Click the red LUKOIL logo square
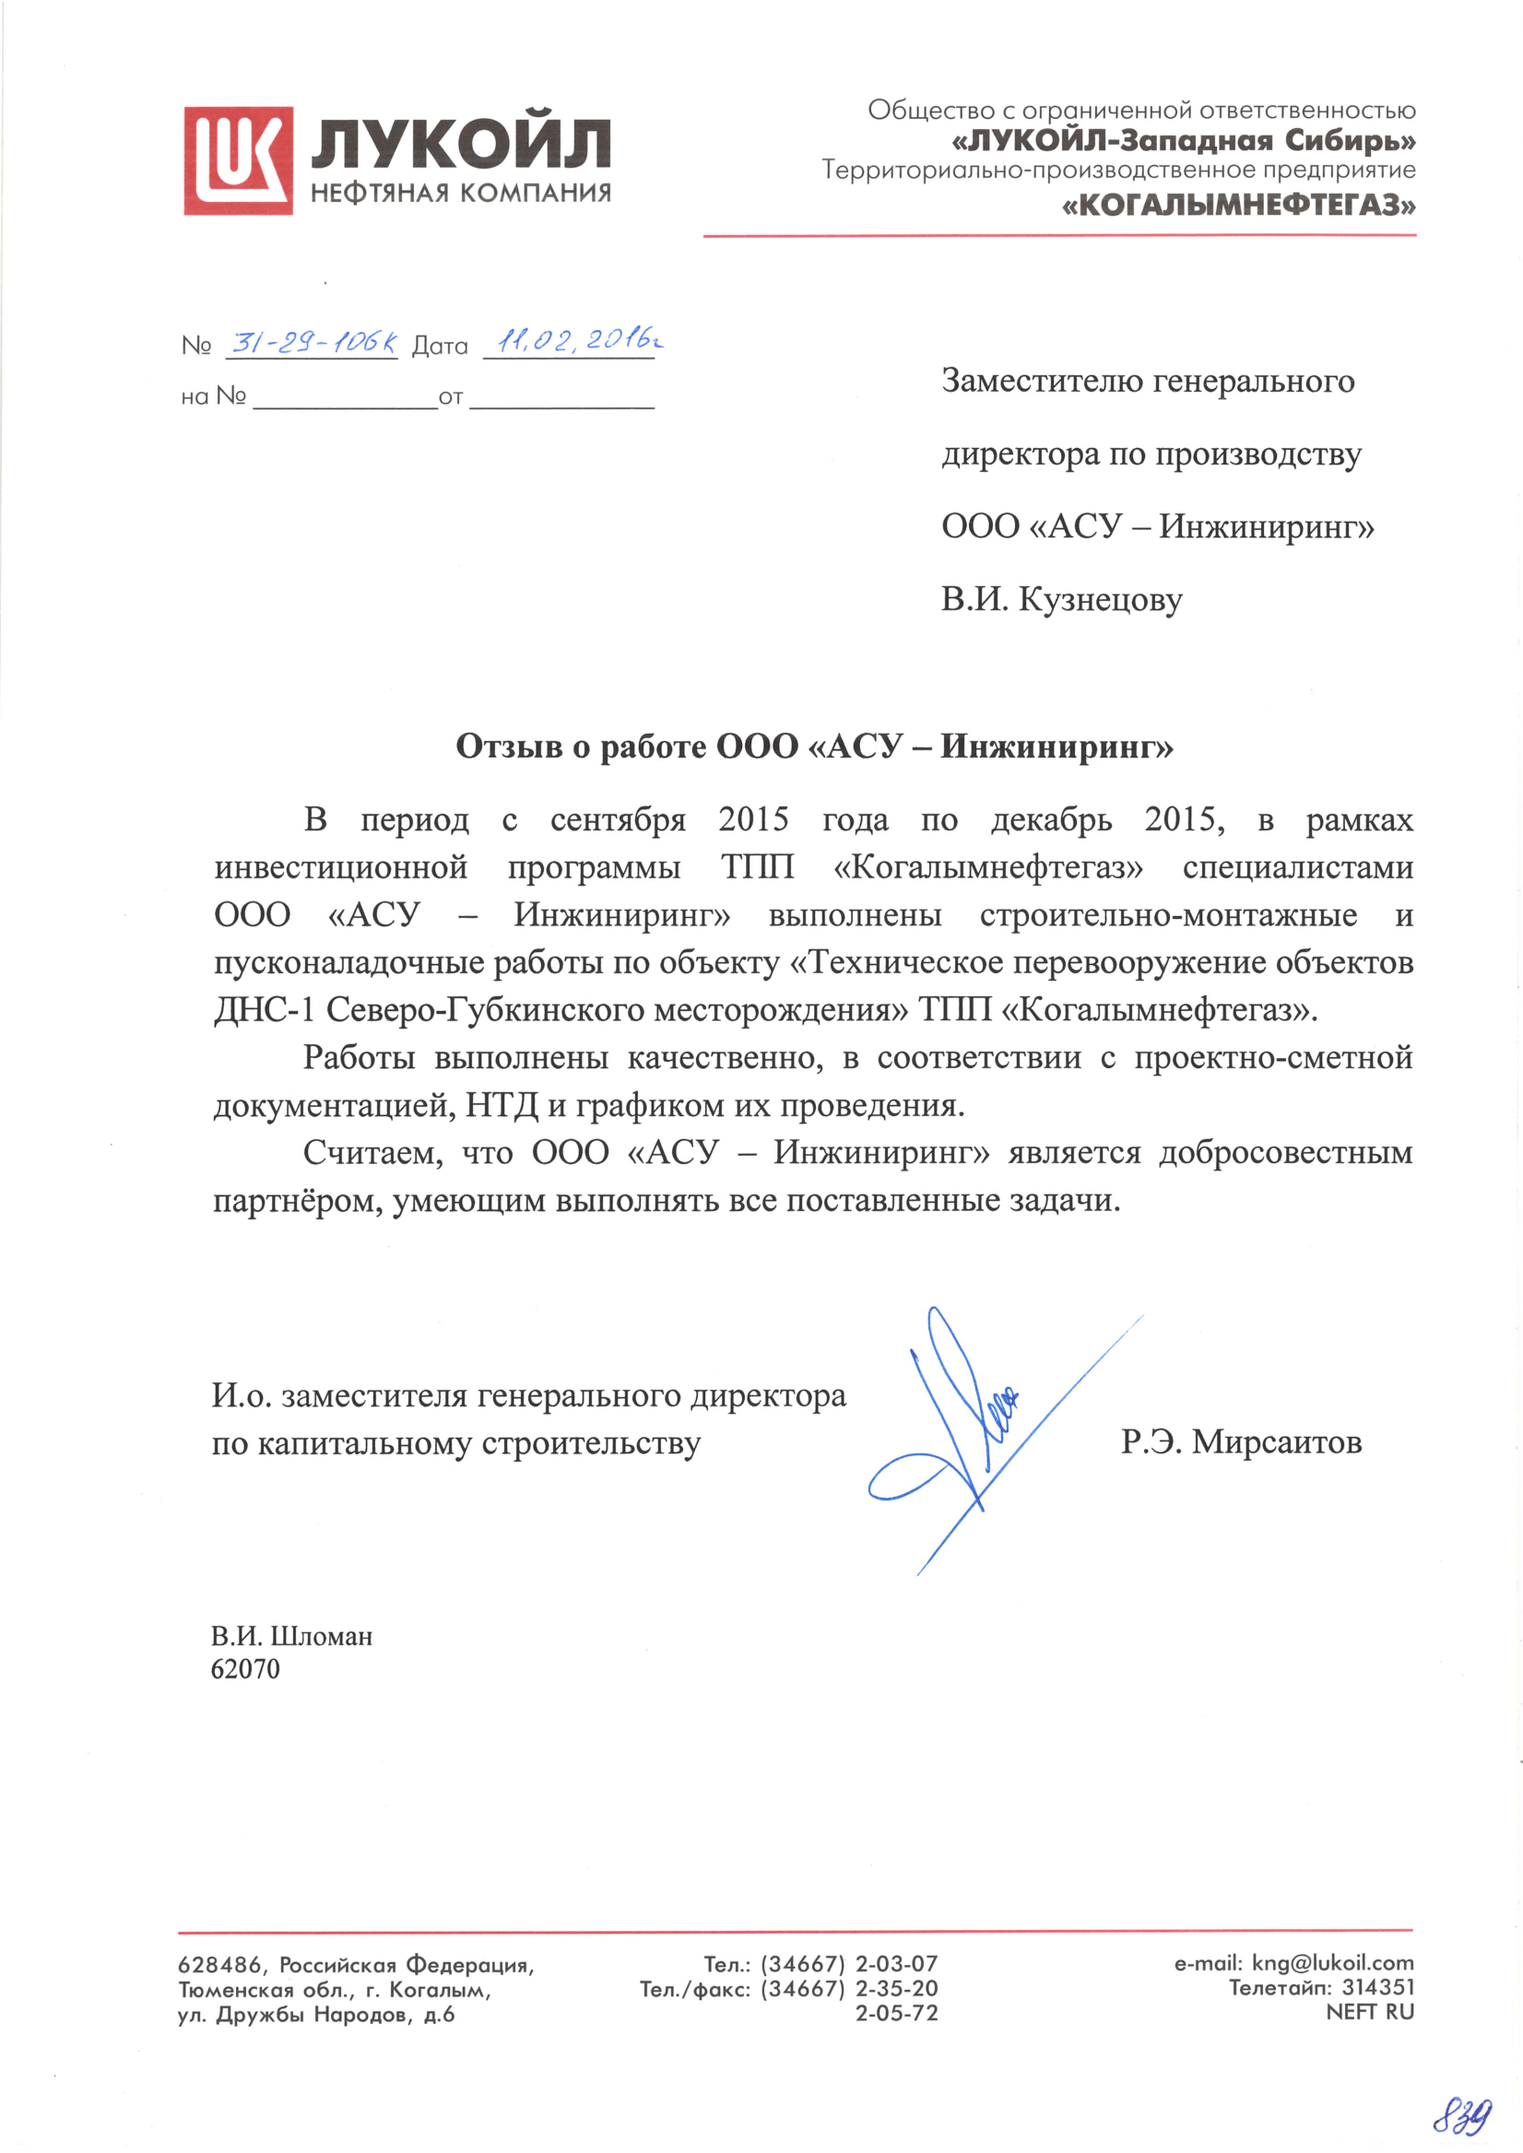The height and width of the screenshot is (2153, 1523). (238, 160)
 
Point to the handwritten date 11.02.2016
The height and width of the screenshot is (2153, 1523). (576, 340)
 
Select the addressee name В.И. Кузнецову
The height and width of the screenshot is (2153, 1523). (1062, 599)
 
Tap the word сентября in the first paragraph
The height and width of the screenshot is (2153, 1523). (617, 819)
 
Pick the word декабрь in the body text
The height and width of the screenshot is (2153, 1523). (1051, 819)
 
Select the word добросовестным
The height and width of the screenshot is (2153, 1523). (1285, 1151)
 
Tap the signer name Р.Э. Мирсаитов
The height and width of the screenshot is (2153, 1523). (1241, 1441)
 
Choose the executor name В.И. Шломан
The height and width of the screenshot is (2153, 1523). (291, 1636)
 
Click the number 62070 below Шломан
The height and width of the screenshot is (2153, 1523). (246, 1669)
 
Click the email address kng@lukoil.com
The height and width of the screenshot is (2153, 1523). (1331, 1963)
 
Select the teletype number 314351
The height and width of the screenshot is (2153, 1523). (1377, 1987)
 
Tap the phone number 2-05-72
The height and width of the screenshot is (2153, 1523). (895, 2012)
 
